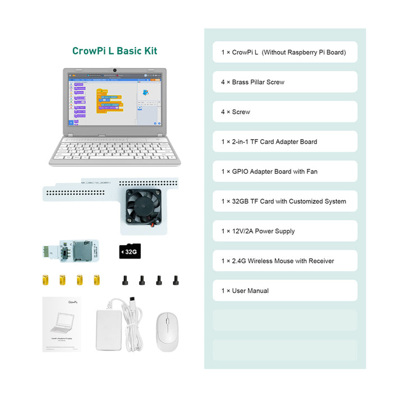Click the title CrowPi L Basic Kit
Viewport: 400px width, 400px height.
(x=114, y=51)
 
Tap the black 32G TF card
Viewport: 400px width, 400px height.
(x=129, y=251)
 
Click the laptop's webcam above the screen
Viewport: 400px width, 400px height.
(x=115, y=71)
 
